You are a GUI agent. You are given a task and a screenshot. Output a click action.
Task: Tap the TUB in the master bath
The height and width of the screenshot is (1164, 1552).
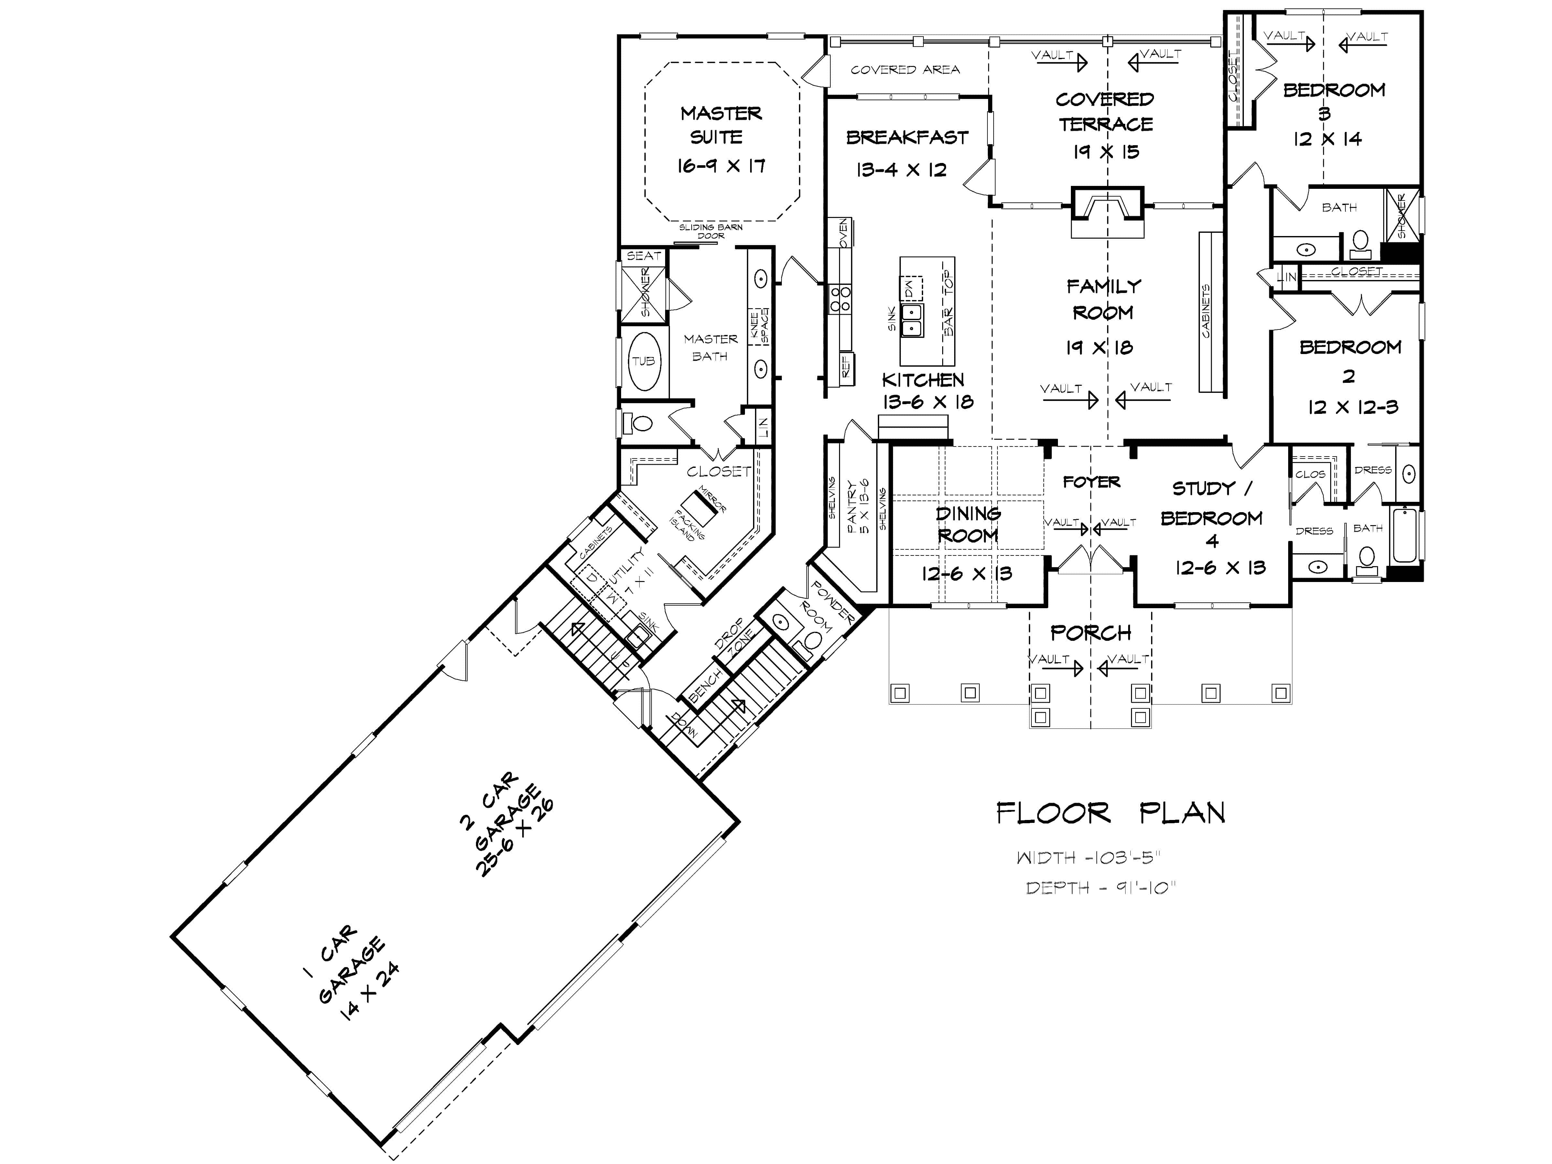click(x=643, y=361)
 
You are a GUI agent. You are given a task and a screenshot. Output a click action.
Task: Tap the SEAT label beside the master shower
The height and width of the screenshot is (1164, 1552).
click(x=643, y=256)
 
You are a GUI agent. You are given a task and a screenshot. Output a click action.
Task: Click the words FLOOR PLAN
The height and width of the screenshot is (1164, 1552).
click(x=1111, y=814)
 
